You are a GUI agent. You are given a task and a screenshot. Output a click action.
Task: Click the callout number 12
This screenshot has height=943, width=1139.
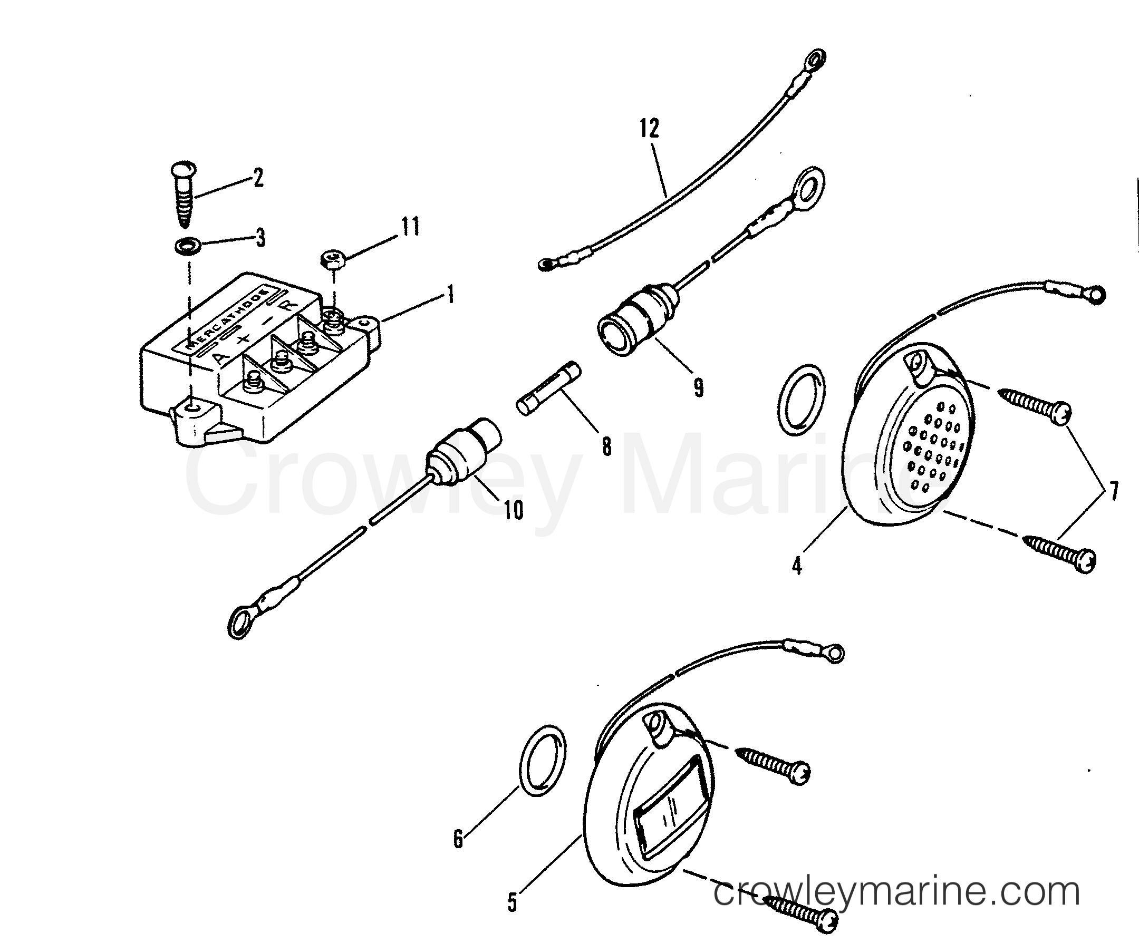point(649,129)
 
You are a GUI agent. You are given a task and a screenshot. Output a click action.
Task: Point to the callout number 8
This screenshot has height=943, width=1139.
point(606,446)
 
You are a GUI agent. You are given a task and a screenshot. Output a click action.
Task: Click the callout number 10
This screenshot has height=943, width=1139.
point(513,510)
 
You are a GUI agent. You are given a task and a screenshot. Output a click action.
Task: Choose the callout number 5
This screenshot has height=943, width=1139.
point(513,903)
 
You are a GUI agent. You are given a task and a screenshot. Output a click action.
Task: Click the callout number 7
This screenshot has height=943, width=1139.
point(1113,492)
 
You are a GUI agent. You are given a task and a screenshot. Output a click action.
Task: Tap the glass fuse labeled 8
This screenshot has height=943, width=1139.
point(548,390)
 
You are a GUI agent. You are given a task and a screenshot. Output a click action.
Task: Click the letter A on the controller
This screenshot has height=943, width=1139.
point(219,358)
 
